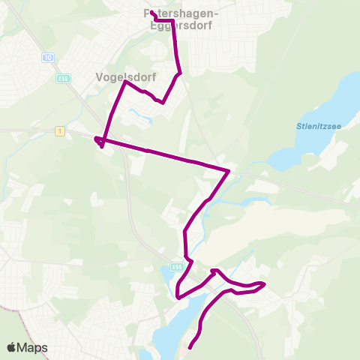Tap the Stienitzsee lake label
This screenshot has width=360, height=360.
tap(317, 127)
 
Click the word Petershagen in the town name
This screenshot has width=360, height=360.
tap(180, 13)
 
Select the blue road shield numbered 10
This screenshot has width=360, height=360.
tap(49, 57)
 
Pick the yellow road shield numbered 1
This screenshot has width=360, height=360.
tap(58, 131)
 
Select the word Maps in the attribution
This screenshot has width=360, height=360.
tap(33, 347)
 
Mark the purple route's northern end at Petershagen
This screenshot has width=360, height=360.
tap(152, 13)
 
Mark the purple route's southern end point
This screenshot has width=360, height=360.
tap(189, 347)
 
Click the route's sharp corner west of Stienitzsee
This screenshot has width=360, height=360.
tap(228, 171)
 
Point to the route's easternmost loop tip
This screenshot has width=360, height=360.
tap(264, 283)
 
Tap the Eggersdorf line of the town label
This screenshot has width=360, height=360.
tap(180, 24)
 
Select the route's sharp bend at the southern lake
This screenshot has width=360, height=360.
tap(178, 297)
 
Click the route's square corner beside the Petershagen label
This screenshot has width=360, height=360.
tap(173, 20)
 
